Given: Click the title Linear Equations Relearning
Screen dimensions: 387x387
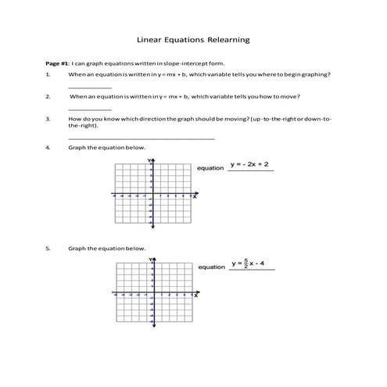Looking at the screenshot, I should click(193, 37).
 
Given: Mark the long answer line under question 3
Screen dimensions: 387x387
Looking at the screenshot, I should click(141, 138).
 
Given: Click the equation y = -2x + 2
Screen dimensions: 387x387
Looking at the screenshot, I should click(250, 165).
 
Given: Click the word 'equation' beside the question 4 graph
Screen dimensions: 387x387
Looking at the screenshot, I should click(211, 168).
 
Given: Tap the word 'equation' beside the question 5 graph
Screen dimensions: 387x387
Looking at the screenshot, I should click(211, 267).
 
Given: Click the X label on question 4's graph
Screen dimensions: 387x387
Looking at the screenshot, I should click(195, 196).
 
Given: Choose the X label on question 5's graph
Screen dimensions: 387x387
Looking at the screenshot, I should click(195, 296).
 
